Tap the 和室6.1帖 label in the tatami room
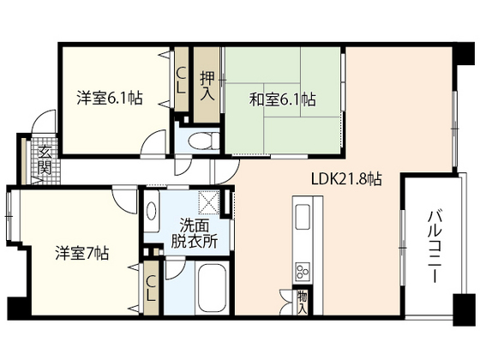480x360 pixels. [x=283, y=100]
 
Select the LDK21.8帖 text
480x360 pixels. [x=345, y=180]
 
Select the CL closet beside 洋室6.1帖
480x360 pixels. [x=183, y=81]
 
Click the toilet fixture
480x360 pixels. [x=196, y=141]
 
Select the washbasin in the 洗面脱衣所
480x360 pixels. [x=152, y=208]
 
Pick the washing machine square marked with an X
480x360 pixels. [x=208, y=202]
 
